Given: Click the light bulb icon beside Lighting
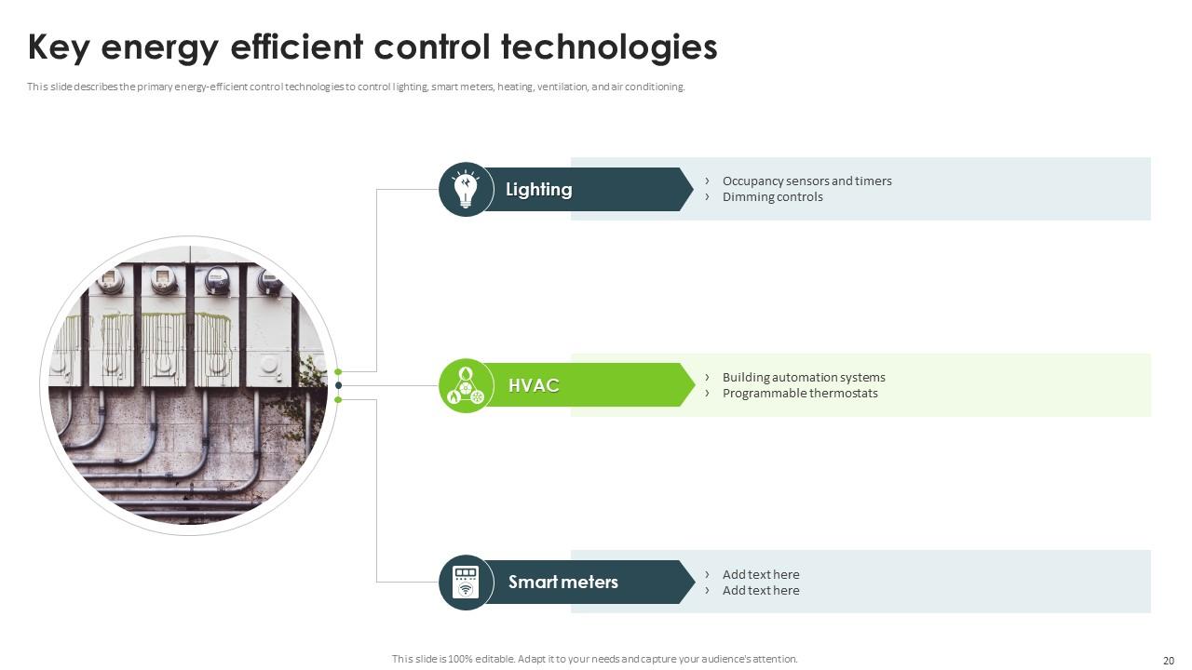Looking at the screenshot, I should point(465,190).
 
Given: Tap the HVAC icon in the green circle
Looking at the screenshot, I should point(466,386).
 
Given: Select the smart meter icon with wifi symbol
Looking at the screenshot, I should point(465,583).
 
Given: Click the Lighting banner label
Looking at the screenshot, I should point(538,190).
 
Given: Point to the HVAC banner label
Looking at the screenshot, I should point(534,386).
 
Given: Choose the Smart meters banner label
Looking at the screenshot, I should point(562,583).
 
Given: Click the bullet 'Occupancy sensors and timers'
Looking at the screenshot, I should point(806,181).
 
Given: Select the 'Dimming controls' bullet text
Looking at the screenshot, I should point(772,197).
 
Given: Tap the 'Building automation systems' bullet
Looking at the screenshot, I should point(804,378).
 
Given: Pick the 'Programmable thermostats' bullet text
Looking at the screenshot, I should point(800,394).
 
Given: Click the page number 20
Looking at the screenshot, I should point(1169,660).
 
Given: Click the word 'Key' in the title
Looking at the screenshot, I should point(63,47).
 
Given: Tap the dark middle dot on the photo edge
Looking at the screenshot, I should point(338,385).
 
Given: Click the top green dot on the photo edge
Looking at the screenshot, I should point(338,372).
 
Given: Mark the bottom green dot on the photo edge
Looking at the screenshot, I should point(338,400).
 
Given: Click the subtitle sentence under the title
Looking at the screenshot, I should point(356,87).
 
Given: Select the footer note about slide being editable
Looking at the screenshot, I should point(594,659).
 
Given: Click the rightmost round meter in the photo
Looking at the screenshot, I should point(269,281).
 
